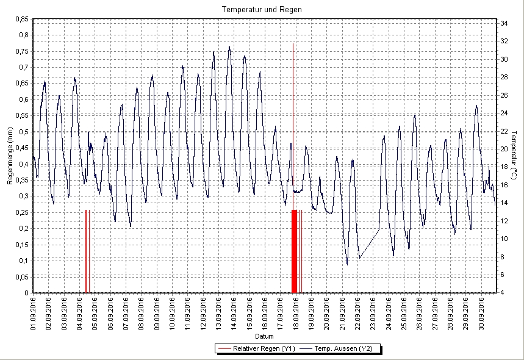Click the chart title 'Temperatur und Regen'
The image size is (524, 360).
pyautogui.click(x=262, y=10)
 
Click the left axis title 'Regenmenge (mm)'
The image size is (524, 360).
pyautogui.click(x=10, y=157)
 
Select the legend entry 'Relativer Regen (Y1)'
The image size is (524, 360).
pyautogui.click(x=256, y=348)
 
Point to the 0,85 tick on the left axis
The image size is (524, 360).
pyautogui.click(x=21, y=19)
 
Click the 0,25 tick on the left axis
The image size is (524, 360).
pyautogui.click(x=21, y=212)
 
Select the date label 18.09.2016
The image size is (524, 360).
pyautogui.click(x=296, y=312)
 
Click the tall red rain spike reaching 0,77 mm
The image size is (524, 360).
pyautogui.click(x=293, y=92)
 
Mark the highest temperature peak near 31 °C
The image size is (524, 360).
pyautogui.click(x=229, y=47)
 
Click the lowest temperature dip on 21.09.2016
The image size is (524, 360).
pyautogui.click(x=347, y=264)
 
